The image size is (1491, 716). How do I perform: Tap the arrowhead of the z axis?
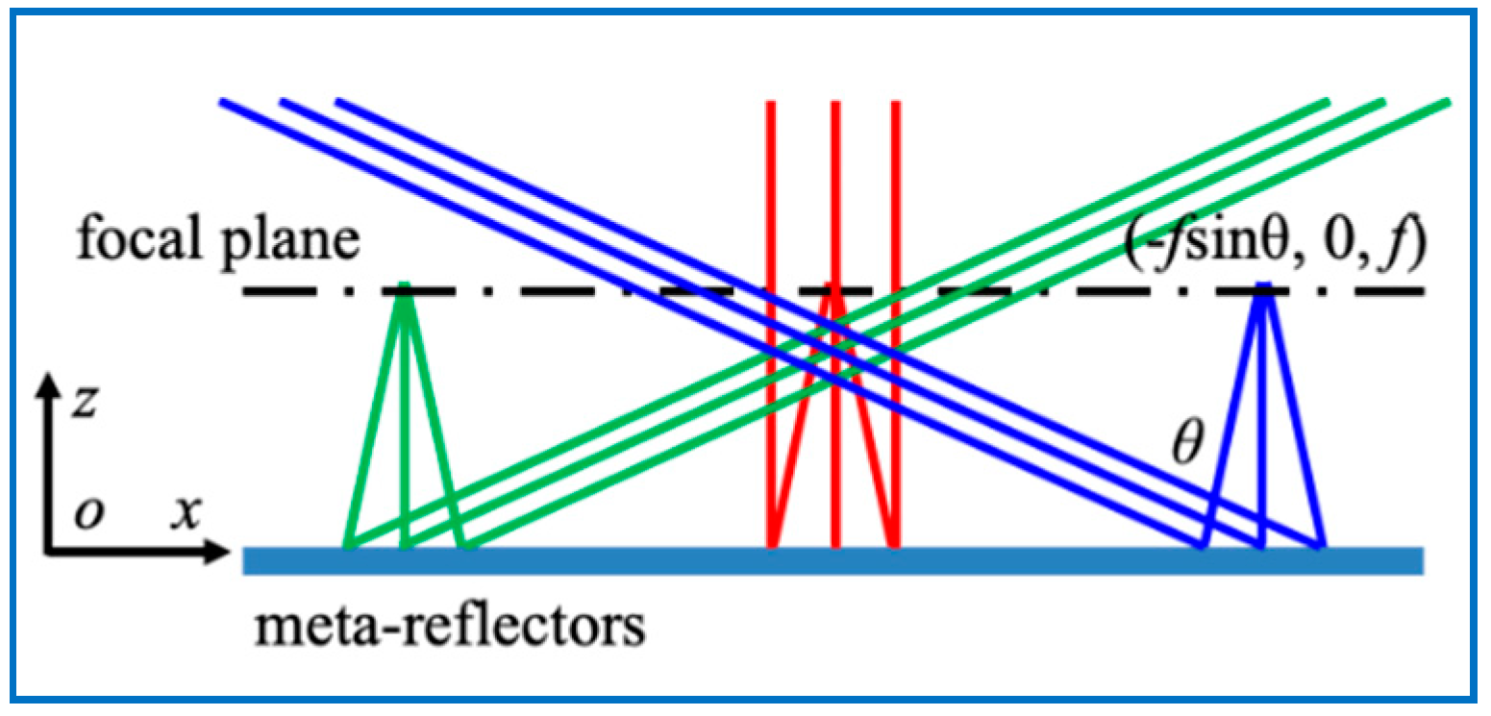click(x=45, y=385)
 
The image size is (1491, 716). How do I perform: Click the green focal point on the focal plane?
click(x=406, y=286)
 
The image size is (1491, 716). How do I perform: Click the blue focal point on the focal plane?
click(x=1263, y=286)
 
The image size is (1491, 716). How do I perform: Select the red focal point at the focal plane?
click(x=834, y=286)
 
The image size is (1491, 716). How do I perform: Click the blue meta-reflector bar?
click(x=832, y=560)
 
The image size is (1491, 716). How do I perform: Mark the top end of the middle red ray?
click(x=835, y=104)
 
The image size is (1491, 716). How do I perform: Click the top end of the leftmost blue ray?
click(x=223, y=101)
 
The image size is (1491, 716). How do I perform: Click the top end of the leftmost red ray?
click(x=770, y=104)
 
